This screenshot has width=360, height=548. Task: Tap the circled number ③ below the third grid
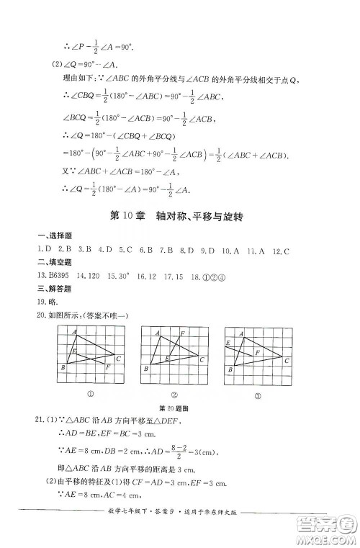pyautogui.click(x=256, y=393)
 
